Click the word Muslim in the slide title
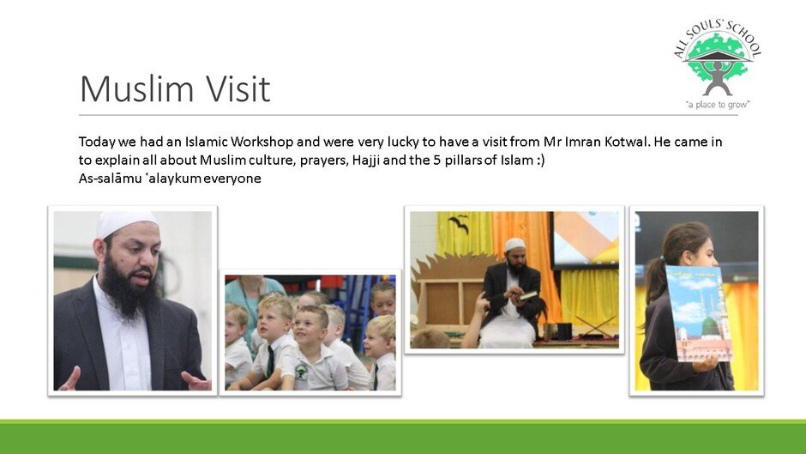(x=135, y=88)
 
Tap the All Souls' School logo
(x=718, y=65)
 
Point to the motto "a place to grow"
(x=718, y=105)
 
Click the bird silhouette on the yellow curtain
(x=458, y=223)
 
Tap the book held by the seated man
(x=528, y=295)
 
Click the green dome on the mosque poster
(x=710, y=325)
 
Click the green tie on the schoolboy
(x=270, y=360)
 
